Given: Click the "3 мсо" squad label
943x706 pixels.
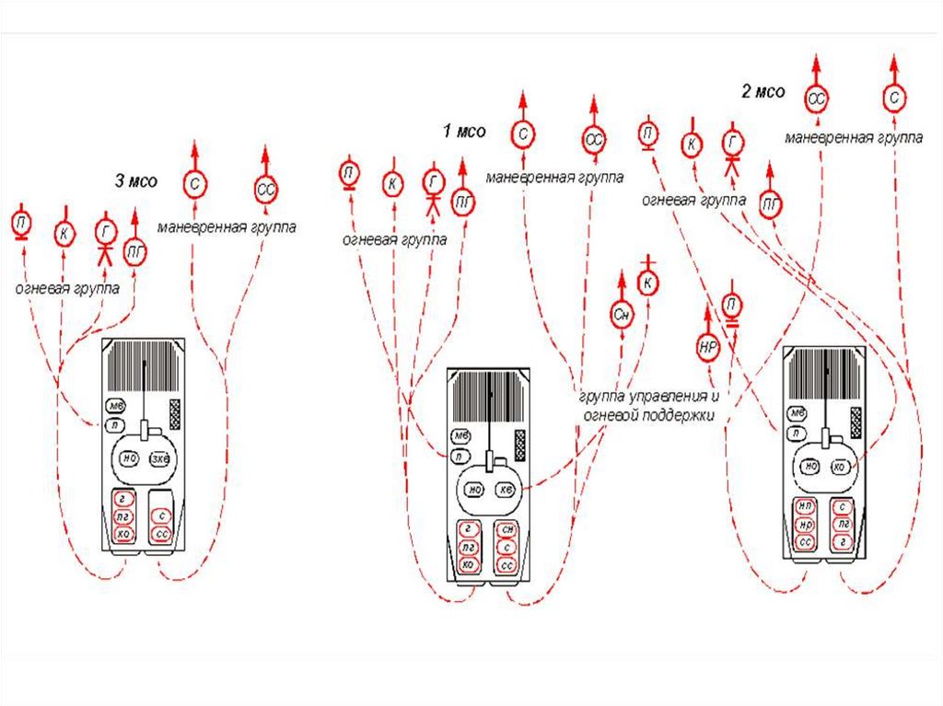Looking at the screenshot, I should (x=135, y=181).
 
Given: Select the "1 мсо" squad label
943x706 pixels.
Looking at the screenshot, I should (x=463, y=132).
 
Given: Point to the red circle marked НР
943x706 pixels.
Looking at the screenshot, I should (x=707, y=348).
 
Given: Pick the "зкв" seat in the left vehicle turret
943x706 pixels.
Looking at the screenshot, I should (x=160, y=457).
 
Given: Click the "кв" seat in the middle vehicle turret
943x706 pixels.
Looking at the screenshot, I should (x=506, y=489).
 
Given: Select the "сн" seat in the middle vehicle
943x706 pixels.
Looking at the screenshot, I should (x=505, y=529).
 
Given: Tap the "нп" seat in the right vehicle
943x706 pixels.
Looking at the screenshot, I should (x=805, y=507).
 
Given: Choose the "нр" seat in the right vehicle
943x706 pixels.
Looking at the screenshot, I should (x=805, y=525).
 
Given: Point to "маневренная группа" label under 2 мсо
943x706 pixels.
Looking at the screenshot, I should (x=854, y=138).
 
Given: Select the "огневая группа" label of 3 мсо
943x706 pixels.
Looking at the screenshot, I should (x=66, y=288).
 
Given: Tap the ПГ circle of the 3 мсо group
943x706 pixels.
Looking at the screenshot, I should (x=135, y=249).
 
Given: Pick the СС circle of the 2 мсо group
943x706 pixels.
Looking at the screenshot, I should (x=817, y=96).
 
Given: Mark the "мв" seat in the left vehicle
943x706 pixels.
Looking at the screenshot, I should (x=116, y=406).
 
